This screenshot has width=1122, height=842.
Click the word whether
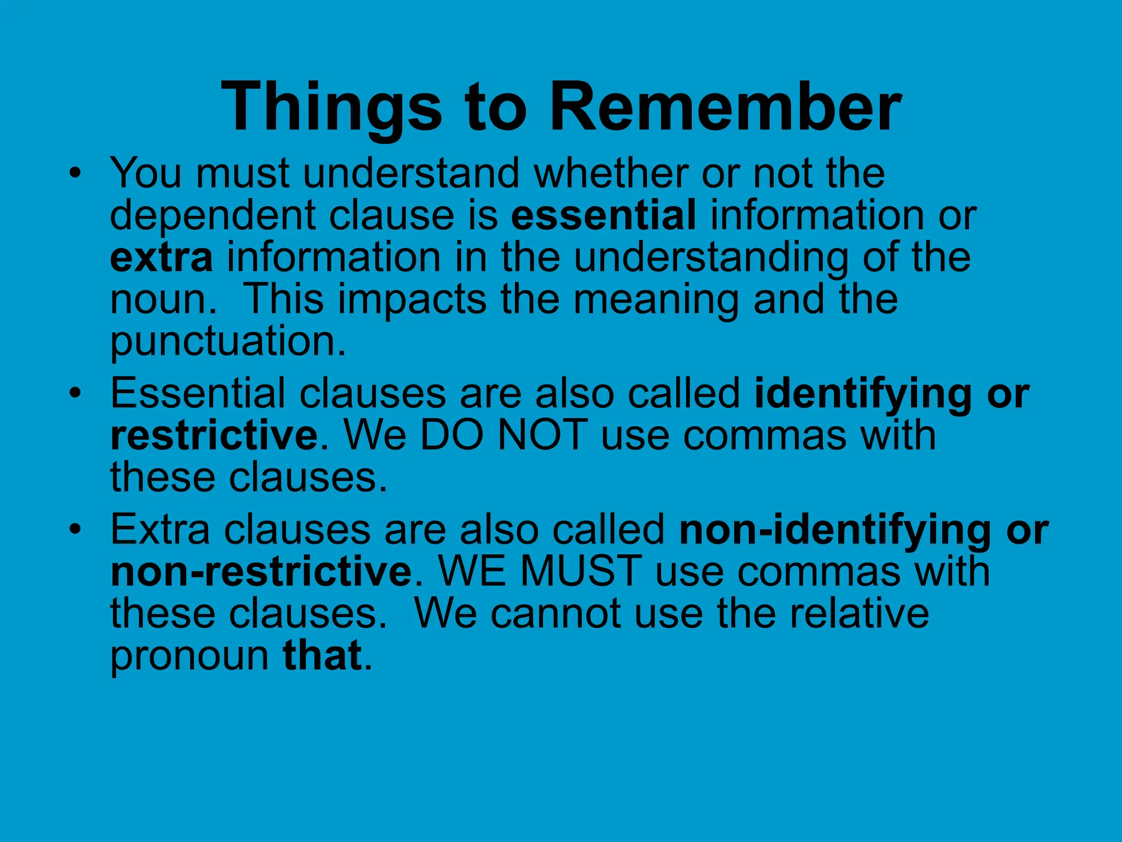611,173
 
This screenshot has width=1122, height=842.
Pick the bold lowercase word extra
162,258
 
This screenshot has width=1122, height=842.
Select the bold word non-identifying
835,530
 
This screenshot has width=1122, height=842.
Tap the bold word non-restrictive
261,572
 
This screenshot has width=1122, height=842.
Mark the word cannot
556,613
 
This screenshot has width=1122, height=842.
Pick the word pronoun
190,656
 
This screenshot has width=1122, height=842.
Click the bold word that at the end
322,655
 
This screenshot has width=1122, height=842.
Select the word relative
858,613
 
